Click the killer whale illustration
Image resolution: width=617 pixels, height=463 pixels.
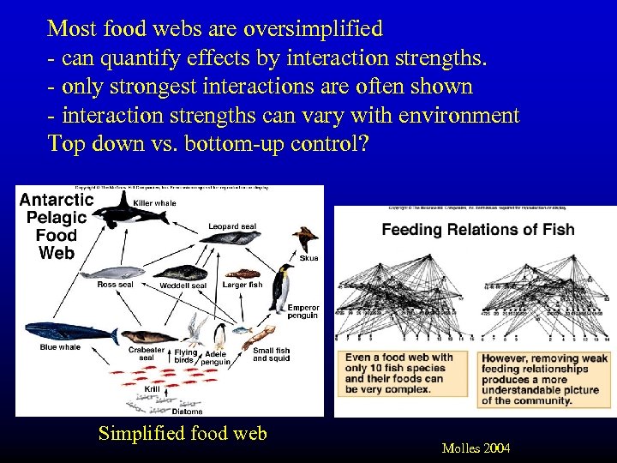115,212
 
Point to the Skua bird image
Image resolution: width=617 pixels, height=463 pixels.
304,239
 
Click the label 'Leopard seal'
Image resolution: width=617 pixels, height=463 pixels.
231,226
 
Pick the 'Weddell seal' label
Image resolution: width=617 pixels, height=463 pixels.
183,286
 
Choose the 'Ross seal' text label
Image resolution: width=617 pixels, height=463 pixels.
115,285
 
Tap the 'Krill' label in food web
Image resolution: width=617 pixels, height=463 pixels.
152,389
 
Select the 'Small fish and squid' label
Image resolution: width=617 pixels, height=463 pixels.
271,354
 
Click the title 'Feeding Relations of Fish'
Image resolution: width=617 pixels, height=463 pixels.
477,230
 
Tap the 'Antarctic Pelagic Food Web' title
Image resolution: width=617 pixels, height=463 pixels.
57,225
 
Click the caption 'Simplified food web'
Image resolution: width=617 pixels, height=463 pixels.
183,434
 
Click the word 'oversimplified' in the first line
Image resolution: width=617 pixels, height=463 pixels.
314,28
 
